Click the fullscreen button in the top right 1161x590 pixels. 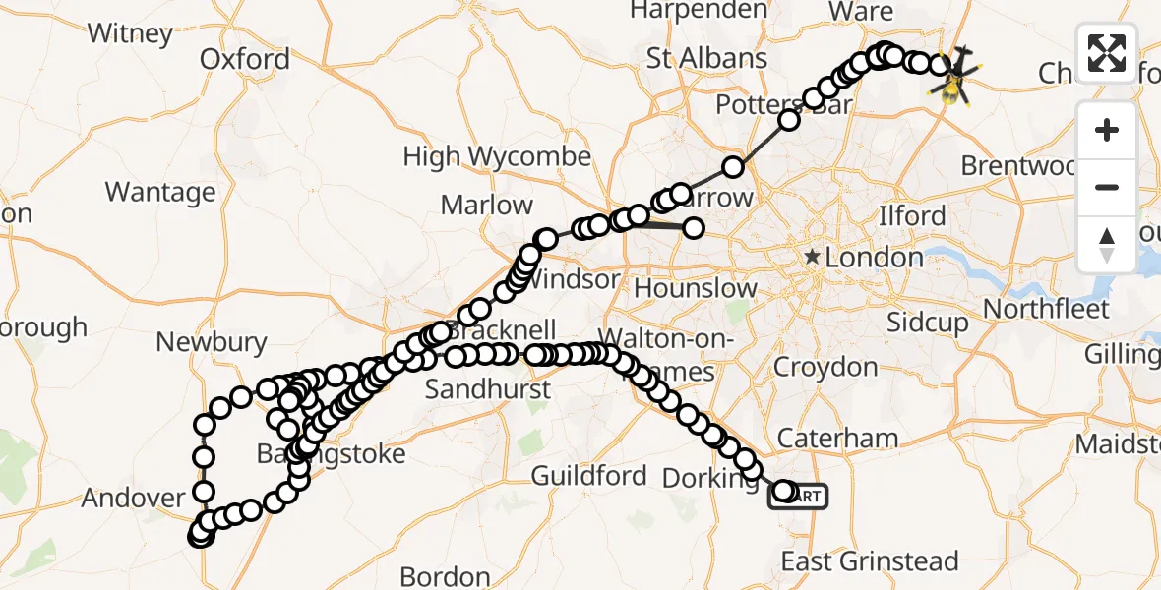[1107, 53]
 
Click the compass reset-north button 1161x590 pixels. [1107, 244]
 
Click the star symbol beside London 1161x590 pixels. [813, 258]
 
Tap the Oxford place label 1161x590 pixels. [245, 59]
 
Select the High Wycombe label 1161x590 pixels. [497, 156]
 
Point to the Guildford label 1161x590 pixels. [588, 477]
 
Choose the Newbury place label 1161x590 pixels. [212, 342]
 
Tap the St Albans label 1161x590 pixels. [706, 58]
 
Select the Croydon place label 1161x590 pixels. [825, 368]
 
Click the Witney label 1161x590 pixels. [130, 33]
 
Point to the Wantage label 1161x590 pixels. [160, 192]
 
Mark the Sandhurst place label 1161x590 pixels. [487, 389]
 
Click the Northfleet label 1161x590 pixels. [1046, 309]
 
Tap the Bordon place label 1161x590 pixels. [446, 575]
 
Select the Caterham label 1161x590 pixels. [838, 439]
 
